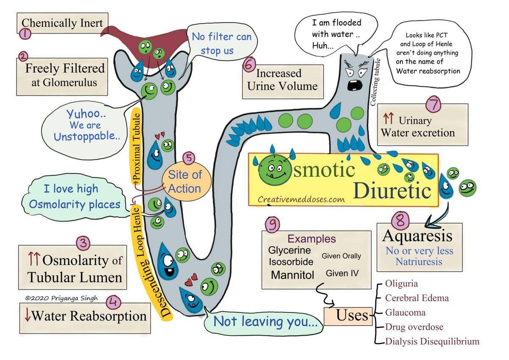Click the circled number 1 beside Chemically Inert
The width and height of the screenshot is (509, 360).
[x=25, y=34]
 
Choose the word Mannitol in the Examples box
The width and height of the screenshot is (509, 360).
[x=293, y=275]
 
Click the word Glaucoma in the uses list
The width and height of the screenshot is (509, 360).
[x=405, y=312]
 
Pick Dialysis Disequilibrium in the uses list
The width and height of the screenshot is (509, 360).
[x=432, y=341]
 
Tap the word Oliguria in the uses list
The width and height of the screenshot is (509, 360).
[x=401, y=284]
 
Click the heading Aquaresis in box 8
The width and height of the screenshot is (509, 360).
[x=417, y=236]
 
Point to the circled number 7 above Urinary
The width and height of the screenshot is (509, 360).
[x=433, y=104]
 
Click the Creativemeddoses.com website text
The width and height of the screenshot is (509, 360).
[x=301, y=199]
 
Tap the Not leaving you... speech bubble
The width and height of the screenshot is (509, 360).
[x=265, y=321]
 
